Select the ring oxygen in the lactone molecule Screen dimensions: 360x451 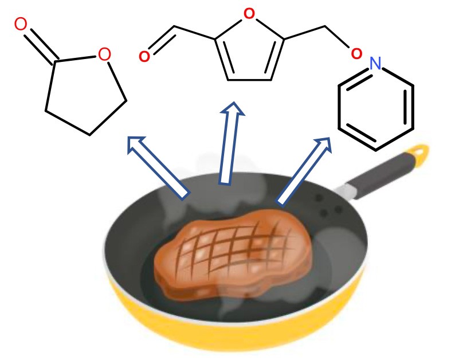pyautogui.click(x=104, y=55)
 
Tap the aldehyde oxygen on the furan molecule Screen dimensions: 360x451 pyautogui.click(x=144, y=56)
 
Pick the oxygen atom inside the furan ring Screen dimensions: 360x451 pyautogui.click(x=249, y=13)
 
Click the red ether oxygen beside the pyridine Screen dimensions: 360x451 pyautogui.click(x=356, y=54)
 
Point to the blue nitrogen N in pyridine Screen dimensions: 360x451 pyautogui.click(x=375, y=64)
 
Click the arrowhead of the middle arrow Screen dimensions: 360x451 pyautogui.click(x=233, y=112)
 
